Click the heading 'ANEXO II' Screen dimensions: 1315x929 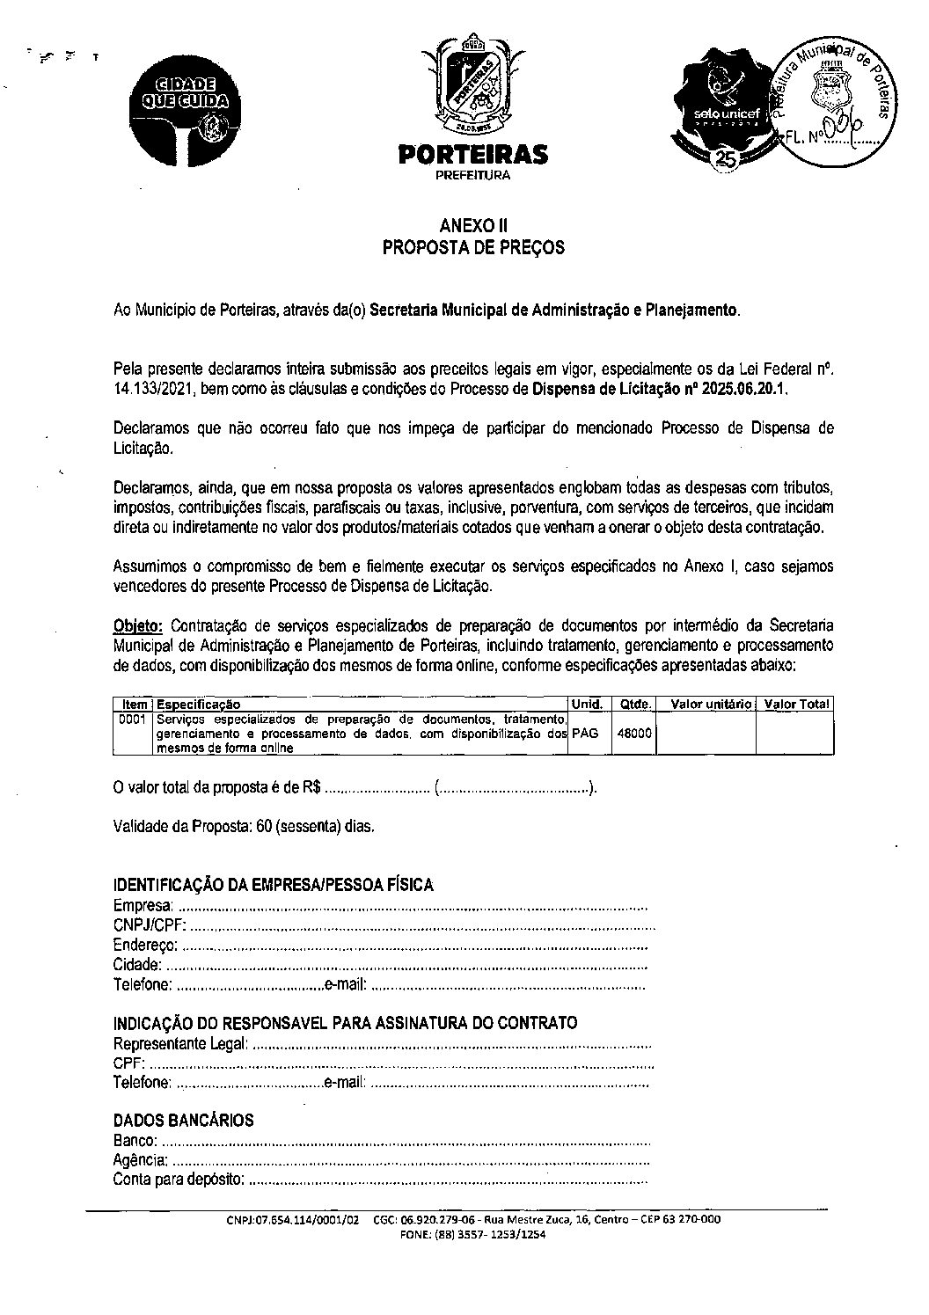473,225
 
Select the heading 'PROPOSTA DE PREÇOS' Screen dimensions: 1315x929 473,248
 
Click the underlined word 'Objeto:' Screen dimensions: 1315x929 138,626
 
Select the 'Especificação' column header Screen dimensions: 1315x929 198,705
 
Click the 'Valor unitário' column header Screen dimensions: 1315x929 710,705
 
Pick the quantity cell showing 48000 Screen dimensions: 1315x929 634,733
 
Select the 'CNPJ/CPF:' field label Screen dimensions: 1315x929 150,925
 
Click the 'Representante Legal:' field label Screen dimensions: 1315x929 180,1044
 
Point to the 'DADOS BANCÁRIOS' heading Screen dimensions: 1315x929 184,1121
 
